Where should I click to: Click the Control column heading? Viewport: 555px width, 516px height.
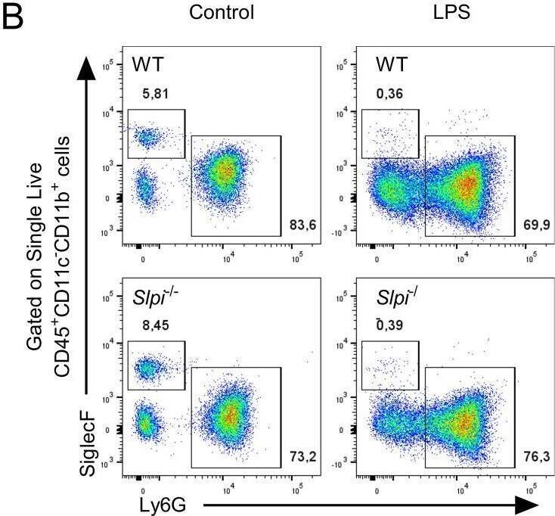pyautogui.click(x=222, y=13)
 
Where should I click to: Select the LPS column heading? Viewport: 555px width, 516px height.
pyautogui.click(x=442, y=13)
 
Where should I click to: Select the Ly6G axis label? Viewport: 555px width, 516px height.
pyautogui.click(x=165, y=502)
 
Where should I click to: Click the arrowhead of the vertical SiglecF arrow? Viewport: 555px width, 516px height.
pyautogui.click(x=87, y=69)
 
